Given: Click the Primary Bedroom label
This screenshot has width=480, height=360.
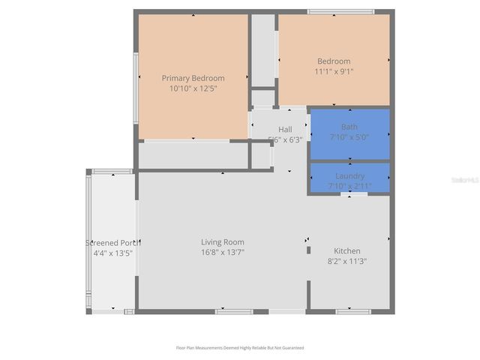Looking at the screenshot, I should click(193, 78).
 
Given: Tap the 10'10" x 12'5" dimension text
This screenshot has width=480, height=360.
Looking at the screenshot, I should click(193, 88).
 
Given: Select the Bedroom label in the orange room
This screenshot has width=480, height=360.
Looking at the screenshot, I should click(334, 61).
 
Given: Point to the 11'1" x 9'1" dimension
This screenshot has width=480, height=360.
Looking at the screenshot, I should click(334, 72).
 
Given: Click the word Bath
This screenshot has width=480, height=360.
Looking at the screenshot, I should click(349, 127).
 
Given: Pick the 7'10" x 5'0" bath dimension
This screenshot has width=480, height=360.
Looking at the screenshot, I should click(349, 137).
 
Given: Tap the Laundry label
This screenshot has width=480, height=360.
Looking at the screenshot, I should click(349, 176).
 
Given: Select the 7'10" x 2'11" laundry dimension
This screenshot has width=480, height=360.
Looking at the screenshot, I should click(349, 186).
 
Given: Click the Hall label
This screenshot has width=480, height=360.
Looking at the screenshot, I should click(285, 130).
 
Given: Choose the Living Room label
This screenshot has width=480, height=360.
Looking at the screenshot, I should click(223, 242).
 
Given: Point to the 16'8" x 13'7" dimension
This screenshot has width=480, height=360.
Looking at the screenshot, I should click(223, 253).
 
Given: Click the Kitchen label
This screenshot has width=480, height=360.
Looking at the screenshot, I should click(347, 251).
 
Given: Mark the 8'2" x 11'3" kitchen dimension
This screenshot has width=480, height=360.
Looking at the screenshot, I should click(347, 262).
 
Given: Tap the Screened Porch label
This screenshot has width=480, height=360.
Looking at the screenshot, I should click(112, 243).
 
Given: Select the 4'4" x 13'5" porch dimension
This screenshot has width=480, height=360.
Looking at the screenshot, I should click(112, 253).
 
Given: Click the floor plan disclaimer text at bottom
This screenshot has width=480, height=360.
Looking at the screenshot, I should click(240, 348).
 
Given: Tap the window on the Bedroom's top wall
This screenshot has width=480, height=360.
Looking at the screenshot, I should click(340, 11).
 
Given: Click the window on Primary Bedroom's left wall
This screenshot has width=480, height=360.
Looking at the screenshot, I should click(135, 88).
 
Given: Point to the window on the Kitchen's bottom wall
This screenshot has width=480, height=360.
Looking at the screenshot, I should click(352, 311).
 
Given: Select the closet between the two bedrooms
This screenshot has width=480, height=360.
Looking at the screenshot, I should click(262, 50).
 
